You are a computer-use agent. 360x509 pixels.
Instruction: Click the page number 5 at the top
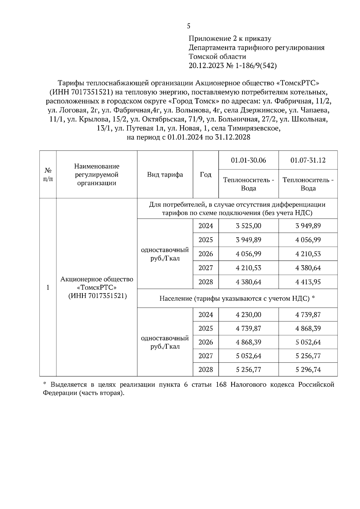pos(188,26)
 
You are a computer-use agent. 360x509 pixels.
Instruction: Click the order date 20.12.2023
pos(206,66)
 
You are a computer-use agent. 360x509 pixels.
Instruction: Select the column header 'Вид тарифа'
pos(165,175)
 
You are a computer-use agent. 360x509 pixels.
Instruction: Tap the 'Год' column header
pos(205,175)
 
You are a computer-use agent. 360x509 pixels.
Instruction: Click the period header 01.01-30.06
pos(248,160)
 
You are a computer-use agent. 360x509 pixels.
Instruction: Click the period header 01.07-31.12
pos(308,160)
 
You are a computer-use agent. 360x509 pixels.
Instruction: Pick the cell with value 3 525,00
pos(248,226)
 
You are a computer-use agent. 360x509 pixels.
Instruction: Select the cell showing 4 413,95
pos(308,282)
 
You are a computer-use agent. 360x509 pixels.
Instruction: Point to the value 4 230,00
pos(248,314)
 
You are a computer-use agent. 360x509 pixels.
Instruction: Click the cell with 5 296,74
pos(308,370)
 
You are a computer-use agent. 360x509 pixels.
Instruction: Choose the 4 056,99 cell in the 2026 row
pos(248,254)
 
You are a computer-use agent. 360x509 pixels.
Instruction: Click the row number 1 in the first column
pos(48,287)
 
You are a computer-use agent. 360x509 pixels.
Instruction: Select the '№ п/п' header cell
pos(48,175)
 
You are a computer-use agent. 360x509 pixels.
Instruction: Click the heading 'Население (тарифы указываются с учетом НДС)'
pos(237,298)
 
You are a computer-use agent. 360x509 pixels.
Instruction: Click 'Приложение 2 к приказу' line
pos(230,39)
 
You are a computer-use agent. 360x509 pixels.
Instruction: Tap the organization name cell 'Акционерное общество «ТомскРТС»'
pos(97,287)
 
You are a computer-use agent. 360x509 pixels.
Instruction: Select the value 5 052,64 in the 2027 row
pos(248,356)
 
